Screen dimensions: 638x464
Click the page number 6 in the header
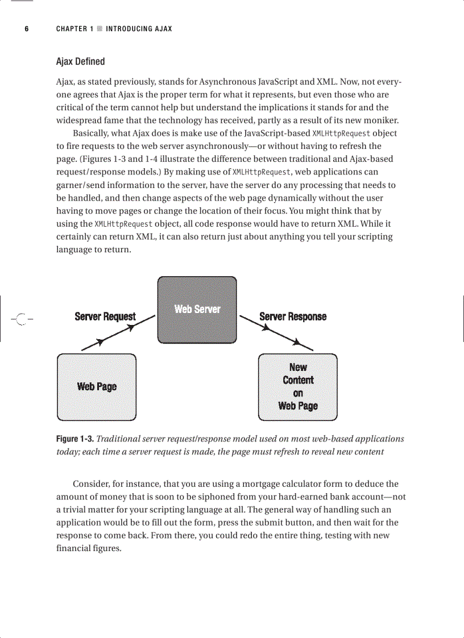(x=26, y=29)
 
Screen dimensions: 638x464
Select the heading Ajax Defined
(x=80, y=61)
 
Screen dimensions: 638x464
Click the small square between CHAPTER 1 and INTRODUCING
(x=100, y=29)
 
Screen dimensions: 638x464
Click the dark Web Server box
(x=197, y=310)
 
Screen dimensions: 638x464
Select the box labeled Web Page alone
(x=97, y=387)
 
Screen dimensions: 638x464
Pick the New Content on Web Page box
(x=297, y=387)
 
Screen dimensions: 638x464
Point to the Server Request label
(x=105, y=316)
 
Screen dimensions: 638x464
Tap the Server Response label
(x=293, y=316)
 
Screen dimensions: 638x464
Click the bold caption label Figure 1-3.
(x=74, y=439)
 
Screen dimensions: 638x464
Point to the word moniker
(x=380, y=120)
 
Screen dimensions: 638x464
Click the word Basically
(x=93, y=134)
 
